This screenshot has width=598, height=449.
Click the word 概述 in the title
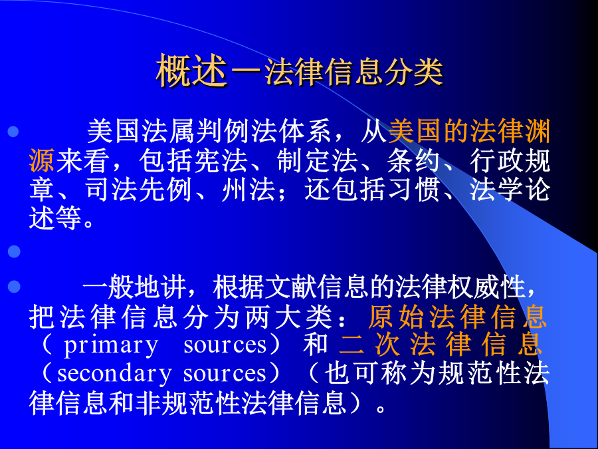(x=192, y=71)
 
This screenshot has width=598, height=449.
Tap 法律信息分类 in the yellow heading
(x=354, y=72)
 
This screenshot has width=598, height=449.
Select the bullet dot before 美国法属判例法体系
(x=13, y=131)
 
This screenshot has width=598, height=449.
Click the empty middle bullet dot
(x=14, y=251)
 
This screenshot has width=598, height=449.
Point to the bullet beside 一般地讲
(x=14, y=286)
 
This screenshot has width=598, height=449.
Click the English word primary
(x=110, y=346)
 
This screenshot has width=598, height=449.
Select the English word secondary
(x=114, y=374)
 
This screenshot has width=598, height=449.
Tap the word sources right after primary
(x=225, y=345)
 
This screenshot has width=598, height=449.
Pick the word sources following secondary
(x=225, y=374)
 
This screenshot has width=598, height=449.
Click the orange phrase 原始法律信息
(x=458, y=317)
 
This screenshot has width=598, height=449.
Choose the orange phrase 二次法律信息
(x=441, y=345)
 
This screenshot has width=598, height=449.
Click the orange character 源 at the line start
(x=42, y=160)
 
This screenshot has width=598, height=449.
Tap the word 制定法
(x=318, y=160)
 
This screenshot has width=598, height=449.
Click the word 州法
(x=249, y=190)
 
